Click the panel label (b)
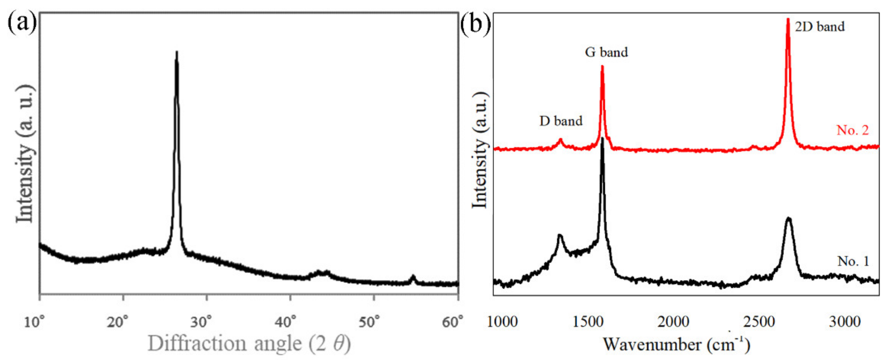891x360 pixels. coord(475,23)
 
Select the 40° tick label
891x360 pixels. coord(285,322)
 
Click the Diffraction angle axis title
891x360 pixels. coord(249,344)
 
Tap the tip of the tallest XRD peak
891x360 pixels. coord(177,53)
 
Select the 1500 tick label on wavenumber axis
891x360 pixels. coord(588,322)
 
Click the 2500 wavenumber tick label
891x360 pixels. coord(759,322)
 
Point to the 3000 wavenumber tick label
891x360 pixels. coord(845,322)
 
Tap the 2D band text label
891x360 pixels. coord(819,27)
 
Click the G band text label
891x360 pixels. coord(606,52)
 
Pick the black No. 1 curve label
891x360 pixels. coord(853,261)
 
